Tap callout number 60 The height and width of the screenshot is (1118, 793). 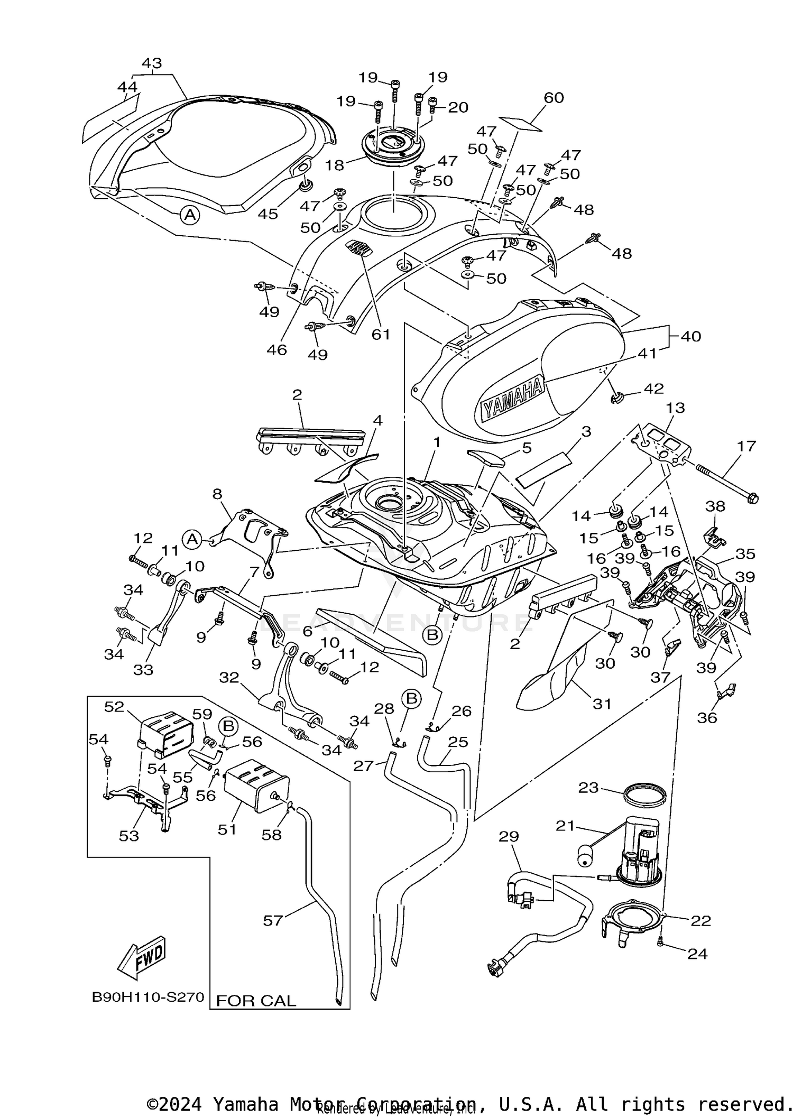554,97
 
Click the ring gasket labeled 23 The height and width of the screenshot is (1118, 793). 644,794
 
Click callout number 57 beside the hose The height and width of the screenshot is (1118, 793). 273,920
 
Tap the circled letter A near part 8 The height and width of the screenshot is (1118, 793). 192,539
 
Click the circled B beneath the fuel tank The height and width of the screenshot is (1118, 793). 432,635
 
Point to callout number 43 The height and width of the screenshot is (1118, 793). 152,63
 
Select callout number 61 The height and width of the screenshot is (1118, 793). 381,334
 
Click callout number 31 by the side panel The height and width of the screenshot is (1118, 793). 602,704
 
